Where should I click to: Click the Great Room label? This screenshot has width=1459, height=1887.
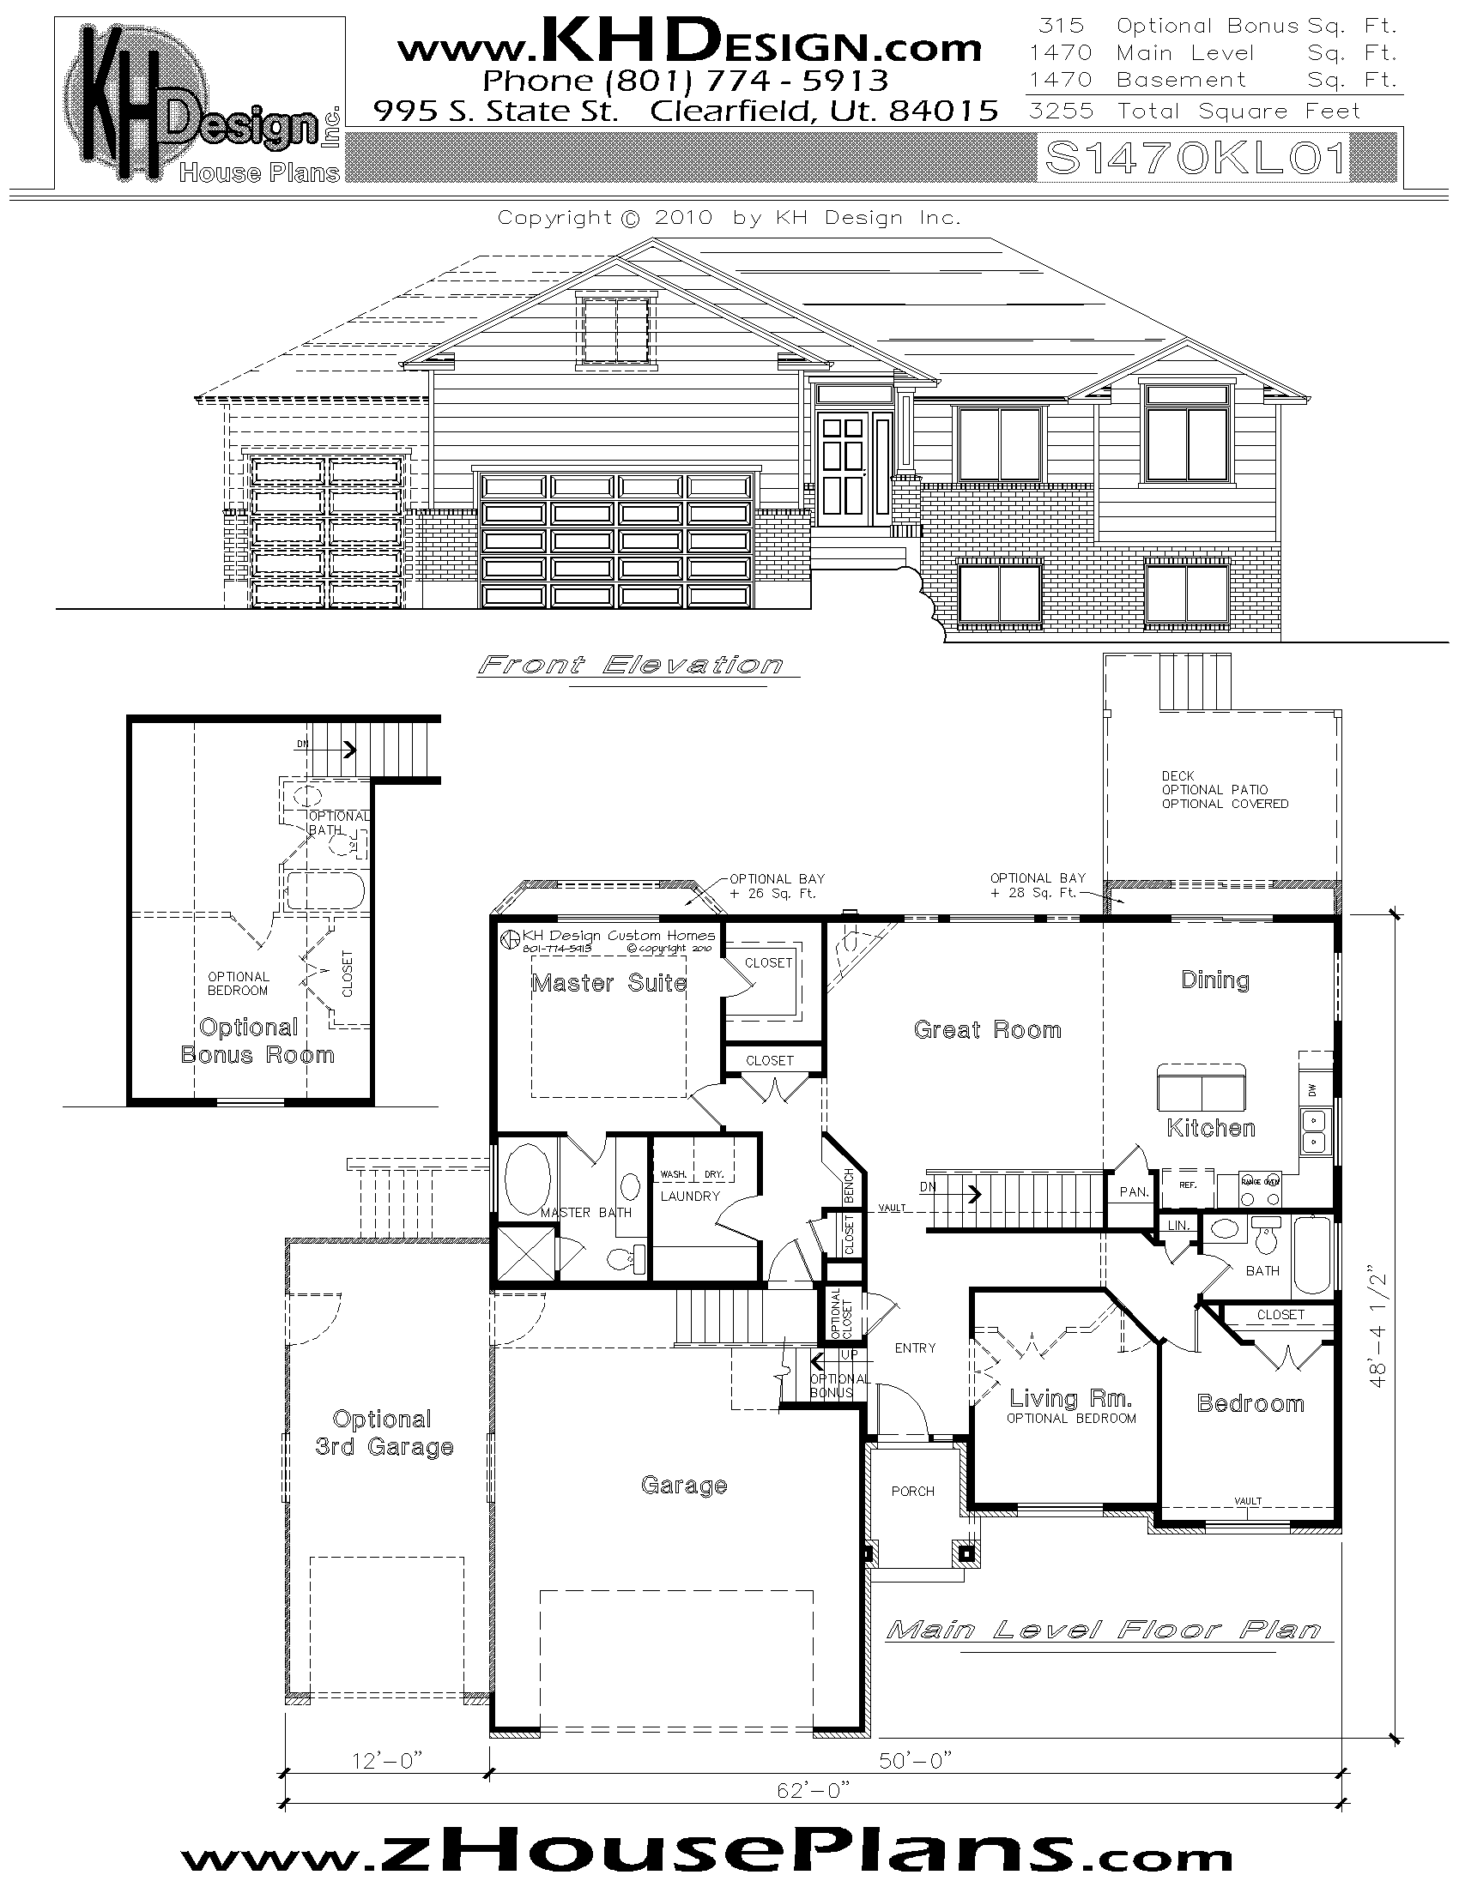coord(987,1029)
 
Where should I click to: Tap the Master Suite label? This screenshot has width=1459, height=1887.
coord(609,983)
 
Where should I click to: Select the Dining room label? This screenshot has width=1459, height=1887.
coord(1215,980)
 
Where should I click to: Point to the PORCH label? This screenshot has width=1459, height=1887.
coord(913,1491)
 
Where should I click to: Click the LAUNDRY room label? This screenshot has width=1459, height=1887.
coord(690,1196)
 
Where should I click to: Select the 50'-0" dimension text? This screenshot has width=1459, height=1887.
coord(916,1760)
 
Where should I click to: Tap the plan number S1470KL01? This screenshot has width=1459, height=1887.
coord(1196,158)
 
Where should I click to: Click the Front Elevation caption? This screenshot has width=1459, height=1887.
coord(631,665)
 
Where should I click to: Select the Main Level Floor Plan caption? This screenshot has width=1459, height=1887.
coord(1105,1630)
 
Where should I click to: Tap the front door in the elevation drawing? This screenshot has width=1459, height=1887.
coord(843,469)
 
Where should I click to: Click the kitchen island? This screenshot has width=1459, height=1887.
coord(1202,1088)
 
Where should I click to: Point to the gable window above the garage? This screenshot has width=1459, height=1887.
coord(615,330)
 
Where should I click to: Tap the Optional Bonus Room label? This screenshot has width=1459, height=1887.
coord(257,1040)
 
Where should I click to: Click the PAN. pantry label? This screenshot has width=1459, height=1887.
coord(1133,1191)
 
